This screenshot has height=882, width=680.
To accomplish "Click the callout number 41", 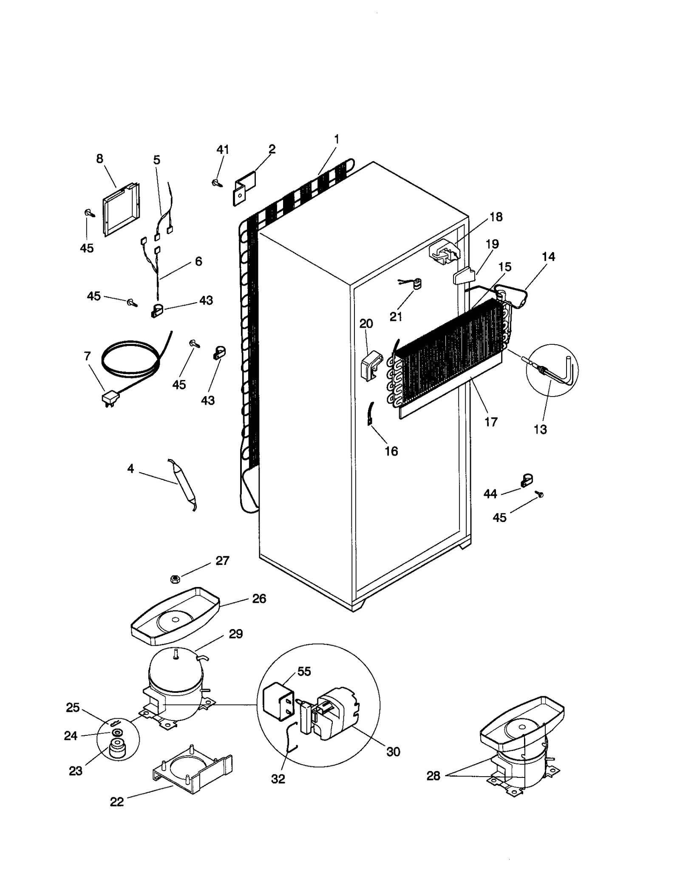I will pos(223,150).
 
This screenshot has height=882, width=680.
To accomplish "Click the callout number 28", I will pos(433,776).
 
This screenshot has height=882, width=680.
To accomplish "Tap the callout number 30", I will pos(393,752).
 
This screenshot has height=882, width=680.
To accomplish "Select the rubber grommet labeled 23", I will pos(117,749).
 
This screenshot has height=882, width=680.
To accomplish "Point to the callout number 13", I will pos(540,429).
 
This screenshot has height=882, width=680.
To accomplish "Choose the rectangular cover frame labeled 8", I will pos(121,208).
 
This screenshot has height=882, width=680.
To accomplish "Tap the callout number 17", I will pos(491,422).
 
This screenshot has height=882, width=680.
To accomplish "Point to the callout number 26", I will pos(259,598).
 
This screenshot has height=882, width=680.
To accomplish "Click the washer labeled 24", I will pos(116,733).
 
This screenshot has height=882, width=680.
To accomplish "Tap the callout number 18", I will pos(496,217).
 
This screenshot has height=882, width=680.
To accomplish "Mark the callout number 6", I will pos(198,261).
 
